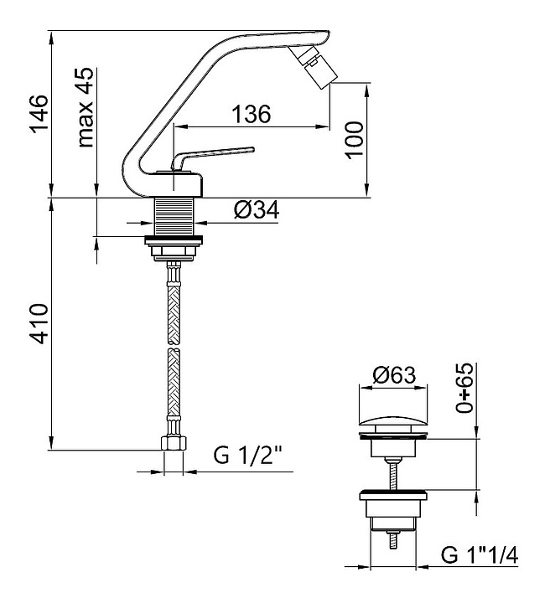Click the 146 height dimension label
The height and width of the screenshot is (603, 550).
click(x=39, y=114)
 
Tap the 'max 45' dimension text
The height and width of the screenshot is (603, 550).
click(x=85, y=107)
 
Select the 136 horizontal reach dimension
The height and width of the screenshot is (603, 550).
click(x=251, y=114)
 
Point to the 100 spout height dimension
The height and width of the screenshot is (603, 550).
click(x=354, y=141)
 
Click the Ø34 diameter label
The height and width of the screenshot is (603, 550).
click(x=257, y=210)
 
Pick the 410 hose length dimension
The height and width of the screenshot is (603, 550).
click(x=39, y=323)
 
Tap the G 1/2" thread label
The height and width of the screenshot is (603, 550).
click(x=248, y=456)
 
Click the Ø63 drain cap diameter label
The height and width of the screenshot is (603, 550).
click(x=394, y=375)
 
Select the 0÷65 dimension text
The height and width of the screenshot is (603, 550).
click(x=464, y=388)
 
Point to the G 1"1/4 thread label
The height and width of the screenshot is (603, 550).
click(x=480, y=555)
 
